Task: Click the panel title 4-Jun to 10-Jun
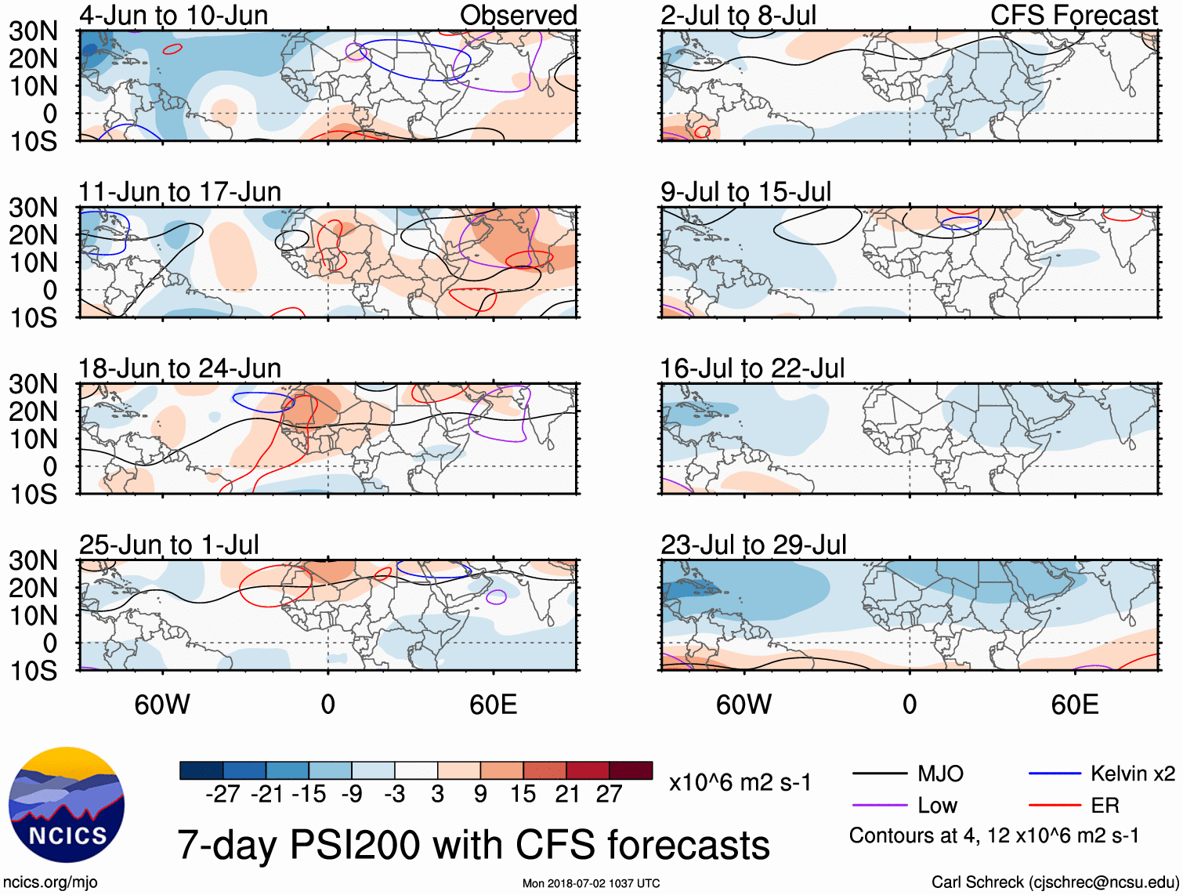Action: pos(173,15)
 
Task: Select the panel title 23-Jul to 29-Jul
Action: pos(754,545)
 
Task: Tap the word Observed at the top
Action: pos(519,15)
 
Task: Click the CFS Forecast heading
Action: pos(1074,15)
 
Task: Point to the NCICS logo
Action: pos(67,805)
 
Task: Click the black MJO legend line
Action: pos(879,774)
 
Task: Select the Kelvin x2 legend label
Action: pos(1133,774)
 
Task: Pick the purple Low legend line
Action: pos(879,806)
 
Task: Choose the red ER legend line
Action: pos(1055,806)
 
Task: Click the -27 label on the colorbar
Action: pos(222,794)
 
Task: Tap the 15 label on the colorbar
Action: pos(523,794)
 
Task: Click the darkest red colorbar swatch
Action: pos(631,770)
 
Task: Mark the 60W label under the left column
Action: pos(162,705)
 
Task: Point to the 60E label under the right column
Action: pos(1074,705)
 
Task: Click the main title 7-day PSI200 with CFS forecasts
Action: pos(473,845)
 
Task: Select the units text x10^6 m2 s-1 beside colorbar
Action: pos(740,782)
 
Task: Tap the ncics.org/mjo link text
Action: pos(50,882)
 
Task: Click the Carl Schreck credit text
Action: pos(1055,882)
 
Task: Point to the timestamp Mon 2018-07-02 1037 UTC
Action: pos(591,883)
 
